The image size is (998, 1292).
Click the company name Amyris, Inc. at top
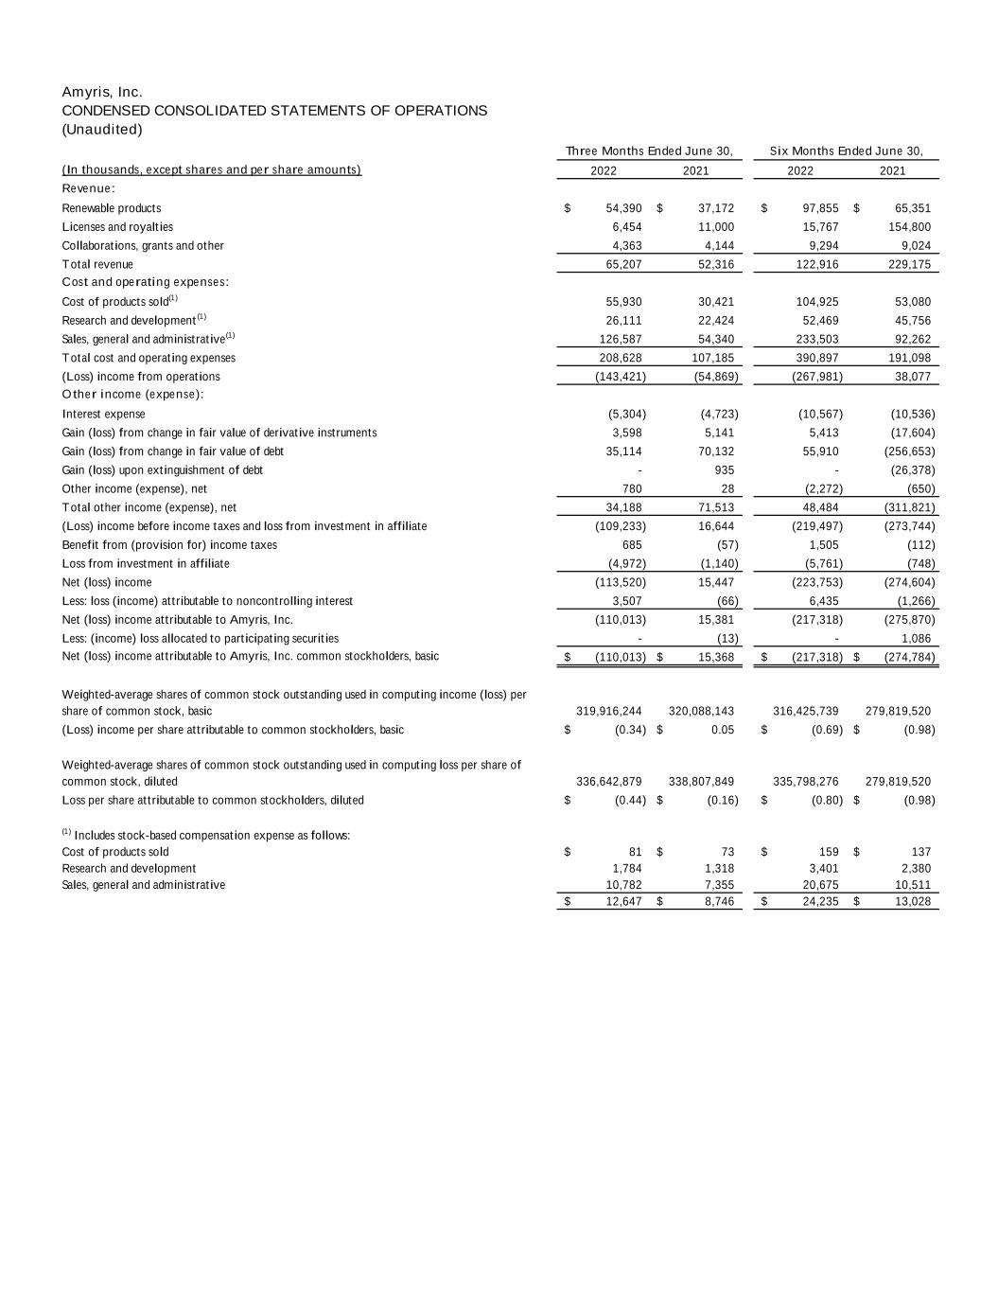coord(102,92)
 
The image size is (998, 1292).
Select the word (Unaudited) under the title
coord(102,130)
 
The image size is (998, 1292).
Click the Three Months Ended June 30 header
coord(649,151)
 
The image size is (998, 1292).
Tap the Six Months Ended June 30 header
coord(846,151)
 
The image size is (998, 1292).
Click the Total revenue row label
coord(97,264)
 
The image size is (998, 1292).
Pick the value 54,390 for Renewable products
coord(624,208)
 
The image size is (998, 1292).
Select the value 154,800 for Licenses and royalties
coord(911,227)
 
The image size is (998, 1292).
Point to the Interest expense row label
coord(104,414)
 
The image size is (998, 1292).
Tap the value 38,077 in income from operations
coord(913,377)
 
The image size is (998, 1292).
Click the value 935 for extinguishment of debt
coord(724,470)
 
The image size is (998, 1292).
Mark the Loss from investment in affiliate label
coord(146,563)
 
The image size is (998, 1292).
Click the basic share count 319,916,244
coord(609,711)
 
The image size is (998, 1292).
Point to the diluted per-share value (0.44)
coord(629,800)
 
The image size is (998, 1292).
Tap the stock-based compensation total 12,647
coord(624,901)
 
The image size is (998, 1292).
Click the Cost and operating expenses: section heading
coord(146,282)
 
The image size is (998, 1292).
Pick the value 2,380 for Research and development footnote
coord(913,868)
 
